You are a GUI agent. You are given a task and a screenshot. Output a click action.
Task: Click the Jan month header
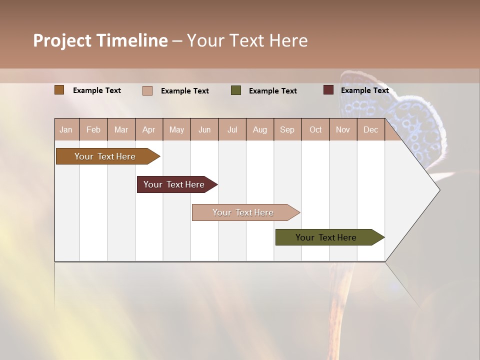[66, 129]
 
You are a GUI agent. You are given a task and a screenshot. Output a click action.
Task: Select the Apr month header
[149, 129]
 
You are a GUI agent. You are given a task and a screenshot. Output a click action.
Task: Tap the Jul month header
[232, 129]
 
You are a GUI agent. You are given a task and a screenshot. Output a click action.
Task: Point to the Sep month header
[287, 129]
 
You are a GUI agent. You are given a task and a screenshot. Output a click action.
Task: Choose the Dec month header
[370, 129]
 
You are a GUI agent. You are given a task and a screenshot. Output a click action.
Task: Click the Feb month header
[93, 129]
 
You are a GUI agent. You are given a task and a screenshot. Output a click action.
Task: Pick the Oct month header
[315, 129]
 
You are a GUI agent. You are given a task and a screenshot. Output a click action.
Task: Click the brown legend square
[59, 90]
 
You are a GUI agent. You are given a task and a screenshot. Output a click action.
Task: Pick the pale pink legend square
[147, 90]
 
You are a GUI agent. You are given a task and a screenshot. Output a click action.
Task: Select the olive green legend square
[236, 90]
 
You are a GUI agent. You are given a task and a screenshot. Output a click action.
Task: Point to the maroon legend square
[328, 90]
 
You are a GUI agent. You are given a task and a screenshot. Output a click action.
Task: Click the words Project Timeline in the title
[100, 40]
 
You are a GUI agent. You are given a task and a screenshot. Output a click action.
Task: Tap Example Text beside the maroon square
[364, 90]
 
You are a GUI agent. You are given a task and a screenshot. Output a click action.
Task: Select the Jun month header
[204, 129]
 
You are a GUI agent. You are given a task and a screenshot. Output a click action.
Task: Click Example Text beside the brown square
[96, 90]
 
